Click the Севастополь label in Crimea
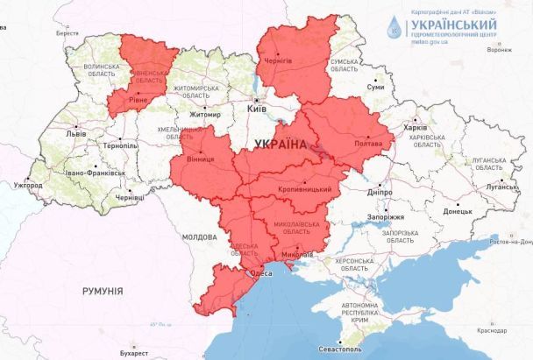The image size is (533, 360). coord(343,349)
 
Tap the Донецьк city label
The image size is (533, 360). coord(457,211)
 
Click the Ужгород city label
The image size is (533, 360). coord(27,186)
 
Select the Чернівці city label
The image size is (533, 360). coord(129,199)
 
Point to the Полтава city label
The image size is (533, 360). coord(368,144)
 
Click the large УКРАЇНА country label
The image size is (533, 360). coord(281,145)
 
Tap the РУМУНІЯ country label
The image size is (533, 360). coord(103,291)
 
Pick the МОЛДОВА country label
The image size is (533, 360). coord(198,237)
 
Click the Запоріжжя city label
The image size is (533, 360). coord(385,215)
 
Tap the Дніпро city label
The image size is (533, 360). coord(379,189)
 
